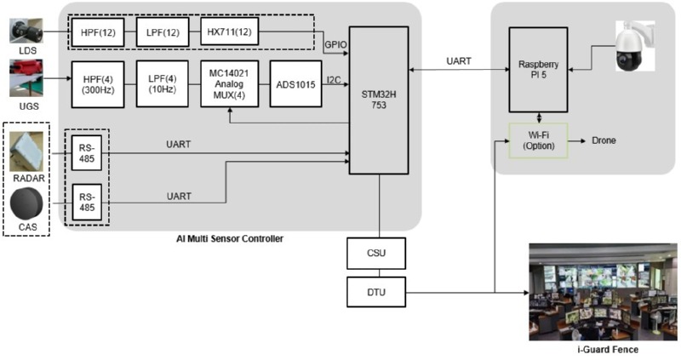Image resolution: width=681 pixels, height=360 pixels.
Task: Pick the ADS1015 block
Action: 295,83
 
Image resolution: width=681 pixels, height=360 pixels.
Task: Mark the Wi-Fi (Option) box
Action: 537,140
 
